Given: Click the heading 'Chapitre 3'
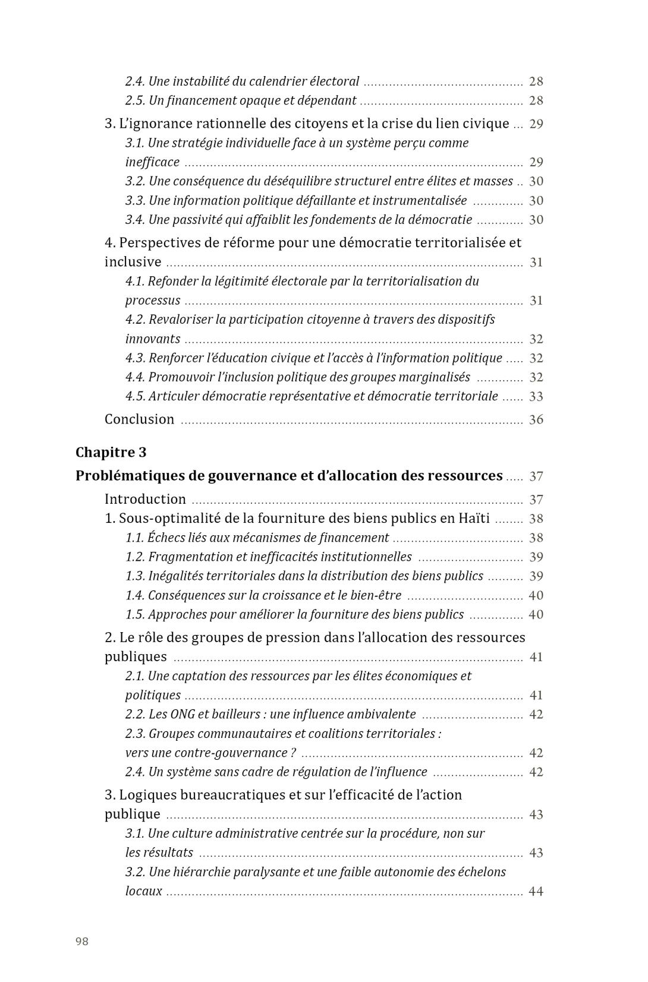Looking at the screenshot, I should [111, 453].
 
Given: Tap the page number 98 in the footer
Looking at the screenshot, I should [82, 941].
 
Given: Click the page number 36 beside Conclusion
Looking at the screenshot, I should [536, 420].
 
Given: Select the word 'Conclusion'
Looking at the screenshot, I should [139, 419].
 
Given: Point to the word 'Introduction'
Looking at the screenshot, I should [145, 500].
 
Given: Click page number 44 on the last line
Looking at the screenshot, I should [536, 892].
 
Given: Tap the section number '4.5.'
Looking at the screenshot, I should [135, 396].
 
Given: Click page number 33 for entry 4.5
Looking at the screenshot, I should [536, 397].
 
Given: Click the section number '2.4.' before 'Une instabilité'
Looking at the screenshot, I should [135, 81].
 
